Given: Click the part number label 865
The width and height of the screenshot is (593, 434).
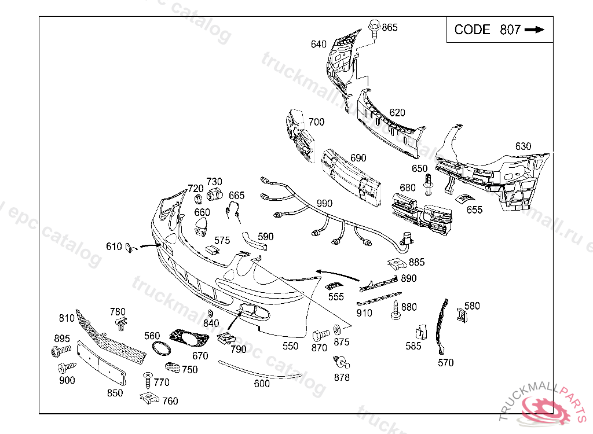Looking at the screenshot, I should (390, 27).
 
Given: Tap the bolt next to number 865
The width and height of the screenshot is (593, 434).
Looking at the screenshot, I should (374, 30).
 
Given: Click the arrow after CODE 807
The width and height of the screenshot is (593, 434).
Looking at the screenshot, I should (535, 30).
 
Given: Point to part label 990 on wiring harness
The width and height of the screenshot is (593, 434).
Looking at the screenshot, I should (324, 204).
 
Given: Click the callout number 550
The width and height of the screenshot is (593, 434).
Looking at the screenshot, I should (290, 346).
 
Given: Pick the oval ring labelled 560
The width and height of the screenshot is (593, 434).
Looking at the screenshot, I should (160, 348).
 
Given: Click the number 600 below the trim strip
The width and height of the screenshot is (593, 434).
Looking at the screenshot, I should (262, 383).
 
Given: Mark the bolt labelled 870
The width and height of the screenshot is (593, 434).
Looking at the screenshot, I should (320, 334).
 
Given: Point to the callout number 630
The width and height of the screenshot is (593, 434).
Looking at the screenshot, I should (522, 146).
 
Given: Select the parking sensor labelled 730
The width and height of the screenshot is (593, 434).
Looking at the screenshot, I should (215, 194).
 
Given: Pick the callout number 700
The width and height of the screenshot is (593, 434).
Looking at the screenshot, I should (316, 122).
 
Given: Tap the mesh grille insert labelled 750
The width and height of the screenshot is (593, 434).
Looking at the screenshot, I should (172, 367).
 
